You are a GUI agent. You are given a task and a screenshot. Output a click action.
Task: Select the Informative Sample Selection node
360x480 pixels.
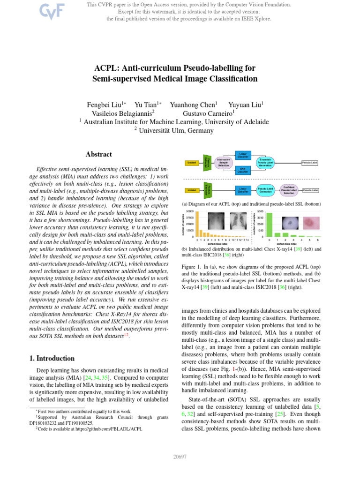[x=223, y=163]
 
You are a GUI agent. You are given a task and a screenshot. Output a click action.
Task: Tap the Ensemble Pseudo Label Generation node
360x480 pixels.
[x=265, y=163]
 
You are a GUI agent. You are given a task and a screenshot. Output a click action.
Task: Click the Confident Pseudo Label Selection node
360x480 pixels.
[x=289, y=190]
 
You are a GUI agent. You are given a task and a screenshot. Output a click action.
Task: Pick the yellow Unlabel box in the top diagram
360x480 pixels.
[x=192, y=163]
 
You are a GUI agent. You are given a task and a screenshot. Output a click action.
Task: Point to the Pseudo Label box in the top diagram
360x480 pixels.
[x=309, y=163]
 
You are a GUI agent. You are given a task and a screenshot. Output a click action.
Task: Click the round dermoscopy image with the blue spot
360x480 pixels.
[x=291, y=224]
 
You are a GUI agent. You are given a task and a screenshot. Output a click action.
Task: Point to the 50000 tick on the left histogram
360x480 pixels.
[x=190, y=212]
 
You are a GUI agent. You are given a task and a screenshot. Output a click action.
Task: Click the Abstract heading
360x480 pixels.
[x=99, y=154]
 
